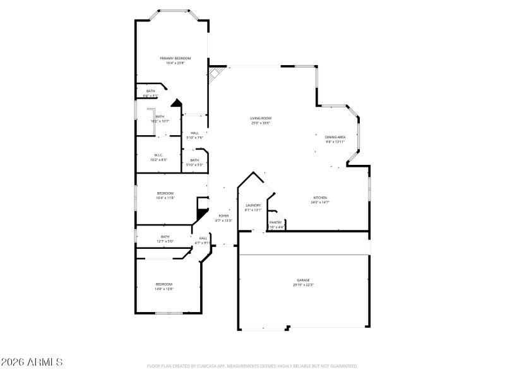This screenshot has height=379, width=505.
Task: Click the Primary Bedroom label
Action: (174, 58)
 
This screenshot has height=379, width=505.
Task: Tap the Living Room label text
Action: (260, 118)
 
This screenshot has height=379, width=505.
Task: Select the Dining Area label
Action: (335, 137)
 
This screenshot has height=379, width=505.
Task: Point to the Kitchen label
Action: (320, 198)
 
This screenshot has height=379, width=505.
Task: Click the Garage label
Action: (304, 280)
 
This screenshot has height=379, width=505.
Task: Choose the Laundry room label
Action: (253, 205)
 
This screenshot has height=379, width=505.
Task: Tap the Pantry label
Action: (276, 222)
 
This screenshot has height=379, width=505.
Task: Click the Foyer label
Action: (224, 216)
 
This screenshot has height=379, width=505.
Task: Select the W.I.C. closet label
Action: (158, 155)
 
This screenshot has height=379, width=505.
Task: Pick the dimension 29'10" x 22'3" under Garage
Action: (304, 285)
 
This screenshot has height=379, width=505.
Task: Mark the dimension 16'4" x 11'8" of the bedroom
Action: (165, 198)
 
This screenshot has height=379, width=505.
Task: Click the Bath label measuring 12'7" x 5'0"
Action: (165, 236)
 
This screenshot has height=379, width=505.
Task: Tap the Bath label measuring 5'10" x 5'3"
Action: (194, 160)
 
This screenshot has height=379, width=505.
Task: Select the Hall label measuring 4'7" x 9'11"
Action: (203, 238)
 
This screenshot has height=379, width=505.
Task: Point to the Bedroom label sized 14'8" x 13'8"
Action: (164, 284)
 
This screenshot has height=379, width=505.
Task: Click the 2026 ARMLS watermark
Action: (32, 363)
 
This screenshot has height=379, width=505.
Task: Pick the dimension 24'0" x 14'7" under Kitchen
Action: (320, 202)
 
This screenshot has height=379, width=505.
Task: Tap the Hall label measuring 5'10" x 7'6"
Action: (194, 133)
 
